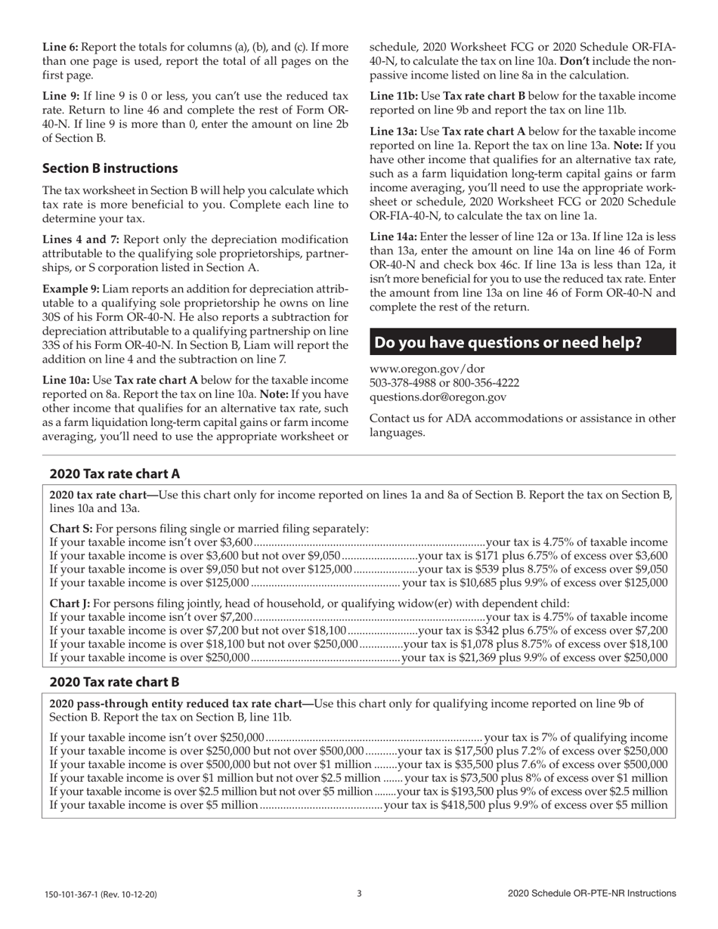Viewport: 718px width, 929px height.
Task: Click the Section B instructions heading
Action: click(x=110, y=168)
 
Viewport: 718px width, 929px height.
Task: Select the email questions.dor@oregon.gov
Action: click(x=438, y=397)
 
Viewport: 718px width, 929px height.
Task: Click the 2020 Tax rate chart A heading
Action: click(x=115, y=474)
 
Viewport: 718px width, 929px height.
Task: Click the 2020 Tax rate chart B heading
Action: click(x=114, y=682)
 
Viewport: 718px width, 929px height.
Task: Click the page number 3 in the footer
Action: click(x=359, y=894)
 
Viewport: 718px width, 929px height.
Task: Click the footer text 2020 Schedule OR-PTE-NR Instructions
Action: click(x=592, y=894)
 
